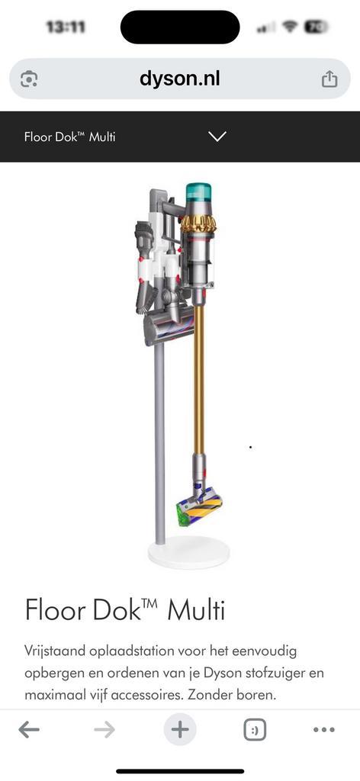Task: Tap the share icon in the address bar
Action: coord(329,79)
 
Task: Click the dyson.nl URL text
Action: coord(180,79)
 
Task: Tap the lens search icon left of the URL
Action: coord(30,79)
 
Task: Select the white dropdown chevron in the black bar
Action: coord(217,137)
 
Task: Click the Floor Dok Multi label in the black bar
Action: coord(69,137)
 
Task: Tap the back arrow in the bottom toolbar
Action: coord(29,730)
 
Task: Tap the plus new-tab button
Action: coord(180,730)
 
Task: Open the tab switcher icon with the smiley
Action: coord(255,730)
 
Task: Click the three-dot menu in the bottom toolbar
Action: coord(324,730)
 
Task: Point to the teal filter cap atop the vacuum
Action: coord(198,192)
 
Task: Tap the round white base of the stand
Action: coord(187,551)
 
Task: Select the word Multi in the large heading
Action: coord(196,610)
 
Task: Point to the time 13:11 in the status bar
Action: coord(66,27)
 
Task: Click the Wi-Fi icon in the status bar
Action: coord(290,27)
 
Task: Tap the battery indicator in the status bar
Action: coord(316,27)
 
